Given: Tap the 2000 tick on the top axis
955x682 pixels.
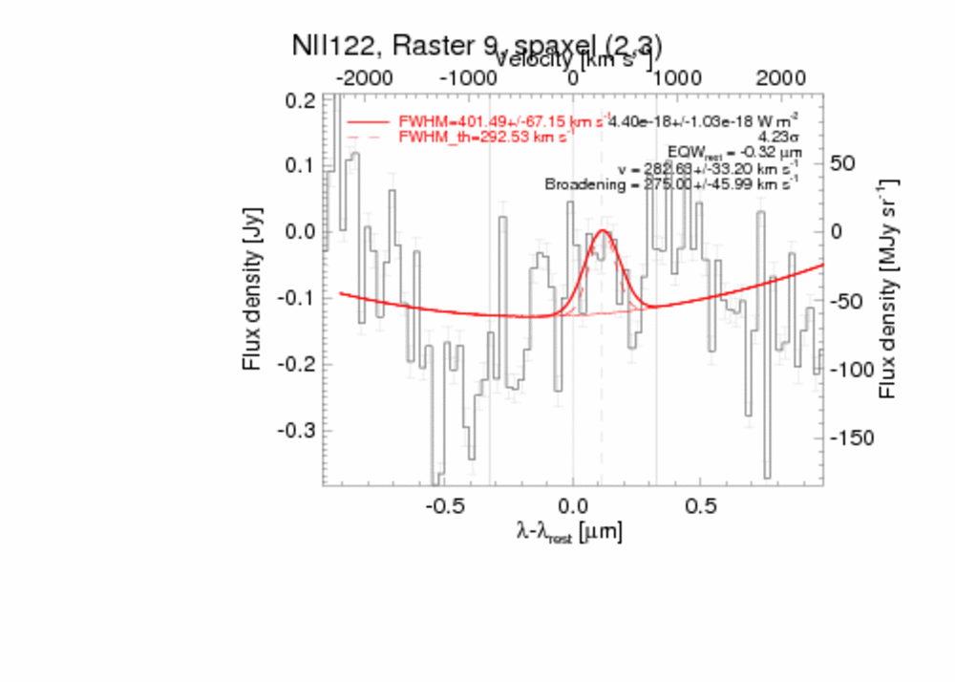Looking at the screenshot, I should point(780,77).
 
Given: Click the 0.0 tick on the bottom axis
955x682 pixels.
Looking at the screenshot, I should point(573,504).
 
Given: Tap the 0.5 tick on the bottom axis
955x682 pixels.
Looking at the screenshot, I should point(702,504).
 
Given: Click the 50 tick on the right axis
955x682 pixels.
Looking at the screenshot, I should point(840,163).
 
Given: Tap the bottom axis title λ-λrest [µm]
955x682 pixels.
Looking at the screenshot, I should point(569,532).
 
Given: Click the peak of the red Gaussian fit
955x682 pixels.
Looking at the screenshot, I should point(603,231).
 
